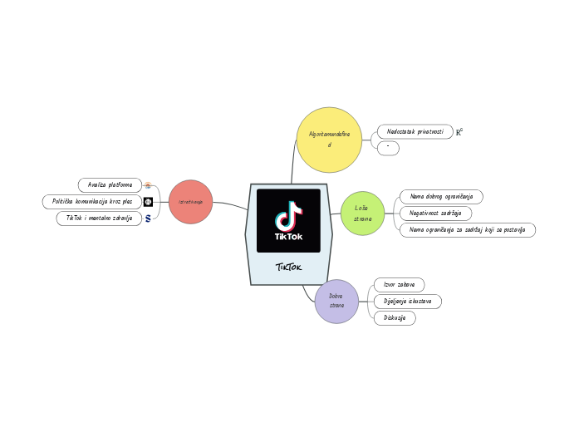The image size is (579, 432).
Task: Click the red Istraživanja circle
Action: tap(190, 202)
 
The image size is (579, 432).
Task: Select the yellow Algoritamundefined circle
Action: tap(329, 139)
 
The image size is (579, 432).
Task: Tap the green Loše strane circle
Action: tap(362, 213)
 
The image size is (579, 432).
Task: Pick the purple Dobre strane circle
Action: tap(336, 301)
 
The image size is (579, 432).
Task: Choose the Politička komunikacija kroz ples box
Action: tap(91, 202)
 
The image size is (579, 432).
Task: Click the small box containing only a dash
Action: tap(388, 149)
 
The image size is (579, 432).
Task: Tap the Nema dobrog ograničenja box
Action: tap(440, 196)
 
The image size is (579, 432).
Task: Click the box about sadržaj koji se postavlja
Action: tap(467, 230)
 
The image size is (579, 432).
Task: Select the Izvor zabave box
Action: tap(399, 285)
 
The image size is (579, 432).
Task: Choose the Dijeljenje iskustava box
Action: tap(407, 301)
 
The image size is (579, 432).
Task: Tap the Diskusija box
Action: tap(395, 317)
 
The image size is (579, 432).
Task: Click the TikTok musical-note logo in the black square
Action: tap(288, 216)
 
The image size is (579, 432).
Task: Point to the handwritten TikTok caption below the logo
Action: tap(288, 268)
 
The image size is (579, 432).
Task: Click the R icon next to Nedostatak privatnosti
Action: tap(459, 131)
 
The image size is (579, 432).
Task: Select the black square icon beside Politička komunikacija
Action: tap(148, 202)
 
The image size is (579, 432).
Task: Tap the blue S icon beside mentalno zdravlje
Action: tap(148, 218)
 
